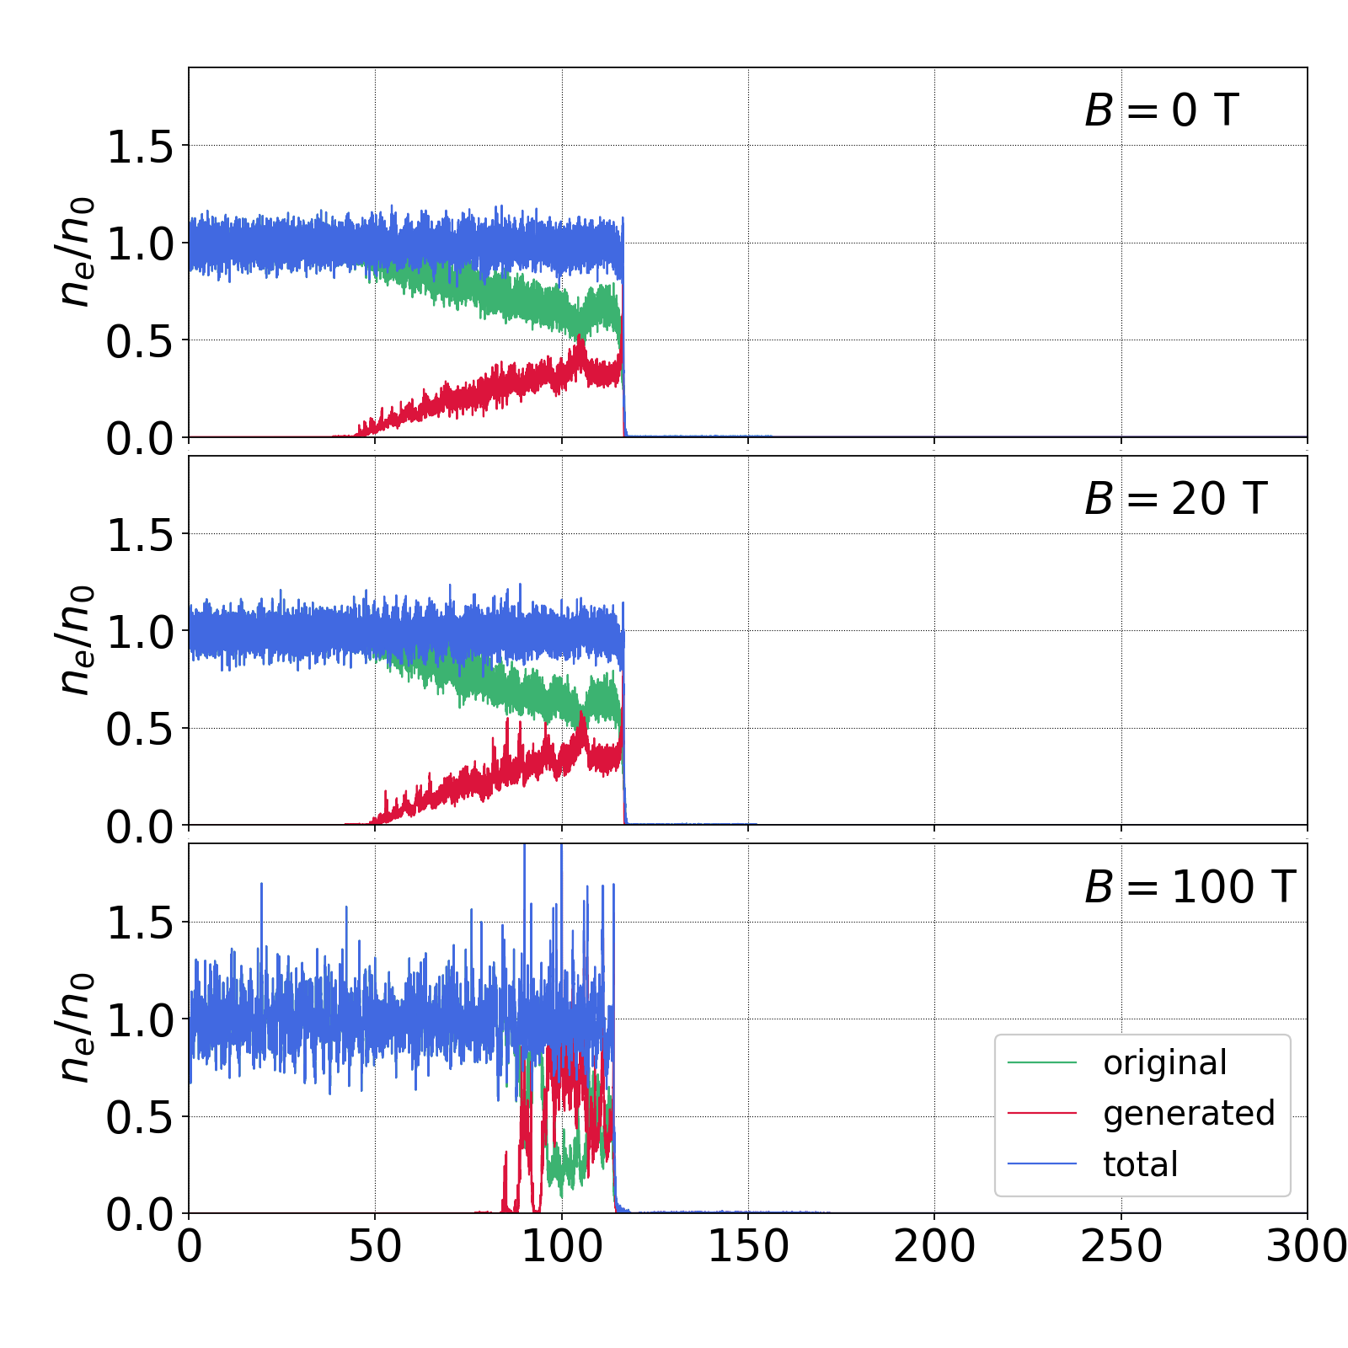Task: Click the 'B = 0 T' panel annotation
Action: click(1161, 111)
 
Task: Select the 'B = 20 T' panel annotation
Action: click(1175, 500)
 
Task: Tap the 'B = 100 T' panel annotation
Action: click(1189, 888)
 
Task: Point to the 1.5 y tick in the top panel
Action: click(140, 147)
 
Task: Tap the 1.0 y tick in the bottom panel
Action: click(140, 1021)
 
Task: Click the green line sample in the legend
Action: click(1042, 1063)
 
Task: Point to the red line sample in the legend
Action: click(1042, 1114)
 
